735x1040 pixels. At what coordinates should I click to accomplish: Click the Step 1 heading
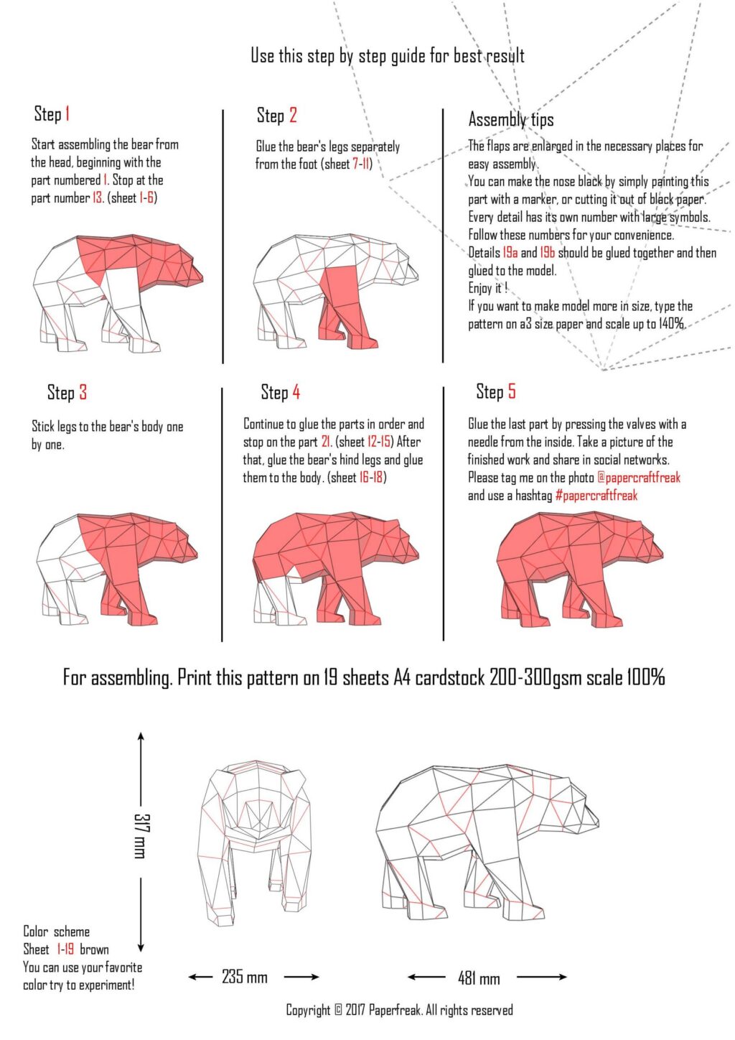[x=52, y=113]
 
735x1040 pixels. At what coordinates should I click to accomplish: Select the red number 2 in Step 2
[x=293, y=115]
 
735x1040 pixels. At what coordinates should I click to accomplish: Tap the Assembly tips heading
[x=511, y=119]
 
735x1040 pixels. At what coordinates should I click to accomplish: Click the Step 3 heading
[x=67, y=392]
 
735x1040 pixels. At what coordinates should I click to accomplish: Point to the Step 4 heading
[x=280, y=392]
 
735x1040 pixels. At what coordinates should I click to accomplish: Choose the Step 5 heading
[x=495, y=391]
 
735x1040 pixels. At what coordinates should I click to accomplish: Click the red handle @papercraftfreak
[x=638, y=478]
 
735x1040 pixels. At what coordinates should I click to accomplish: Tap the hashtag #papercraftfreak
[x=596, y=496]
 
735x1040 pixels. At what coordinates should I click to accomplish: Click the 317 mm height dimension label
[x=141, y=835]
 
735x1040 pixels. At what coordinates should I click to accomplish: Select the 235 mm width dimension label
[x=244, y=977]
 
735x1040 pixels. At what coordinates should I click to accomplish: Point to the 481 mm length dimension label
[x=479, y=978]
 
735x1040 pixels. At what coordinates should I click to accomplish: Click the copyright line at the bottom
[x=399, y=1011]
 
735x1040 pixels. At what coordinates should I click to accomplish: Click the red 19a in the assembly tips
[x=510, y=253]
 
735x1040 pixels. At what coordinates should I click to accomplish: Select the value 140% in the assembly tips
[x=671, y=324]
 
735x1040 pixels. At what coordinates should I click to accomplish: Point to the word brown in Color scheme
[x=94, y=950]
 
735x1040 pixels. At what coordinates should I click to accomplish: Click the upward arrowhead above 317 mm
[x=141, y=737]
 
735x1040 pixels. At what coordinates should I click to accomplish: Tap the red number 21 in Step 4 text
[x=326, y=442]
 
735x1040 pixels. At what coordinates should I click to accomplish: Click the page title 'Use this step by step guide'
[x=387, y=55]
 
